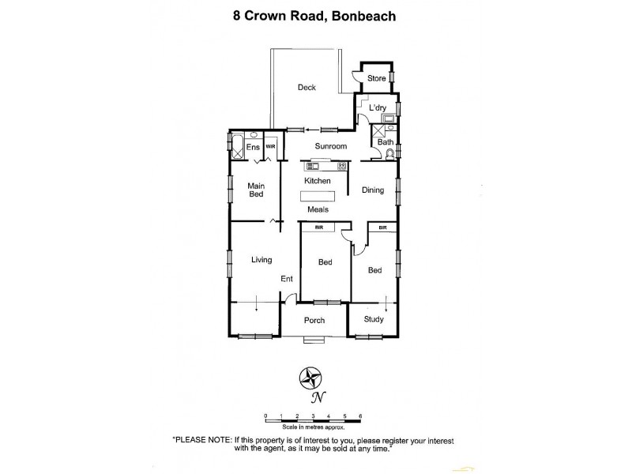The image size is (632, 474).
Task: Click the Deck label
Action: (x=307, y=88)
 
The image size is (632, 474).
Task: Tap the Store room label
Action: (x=376, y=78)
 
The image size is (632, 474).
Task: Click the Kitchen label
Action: (x=317, y=182)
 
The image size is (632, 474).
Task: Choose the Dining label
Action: (x=373, y=190)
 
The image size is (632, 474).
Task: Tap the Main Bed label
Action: (x=256, y=190)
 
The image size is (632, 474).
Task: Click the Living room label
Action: (x=261, y=259)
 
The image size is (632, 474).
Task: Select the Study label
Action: (x=374, y=319)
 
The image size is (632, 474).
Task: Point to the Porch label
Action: (x=314, y=320)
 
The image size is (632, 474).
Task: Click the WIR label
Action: (x=270, y=147)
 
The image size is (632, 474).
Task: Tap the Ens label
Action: (x=253, y=148)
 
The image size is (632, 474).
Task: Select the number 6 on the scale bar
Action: (x=360, y=415)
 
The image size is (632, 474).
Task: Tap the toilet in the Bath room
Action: (x=389, y=153)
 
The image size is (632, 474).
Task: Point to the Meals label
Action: (x=318, y=209)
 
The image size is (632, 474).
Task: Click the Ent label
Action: (x=287, y=279)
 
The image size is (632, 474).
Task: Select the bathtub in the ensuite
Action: (x=237, y=148)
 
